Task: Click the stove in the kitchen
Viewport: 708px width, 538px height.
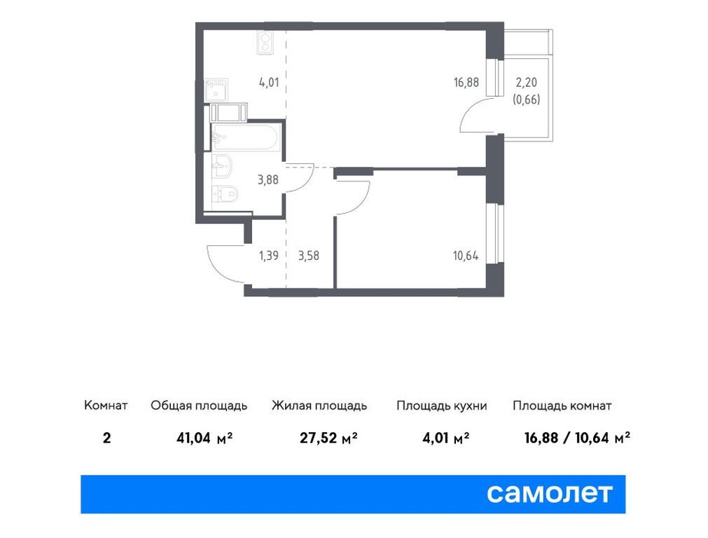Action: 265,43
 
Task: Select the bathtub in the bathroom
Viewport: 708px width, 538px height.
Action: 246,137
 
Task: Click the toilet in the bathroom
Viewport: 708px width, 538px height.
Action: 225,195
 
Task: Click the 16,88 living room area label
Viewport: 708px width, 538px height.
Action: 466,82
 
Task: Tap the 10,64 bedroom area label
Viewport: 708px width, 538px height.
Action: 466,256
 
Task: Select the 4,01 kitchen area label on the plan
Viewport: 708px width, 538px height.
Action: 269,82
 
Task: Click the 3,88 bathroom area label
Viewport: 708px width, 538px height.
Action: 268,180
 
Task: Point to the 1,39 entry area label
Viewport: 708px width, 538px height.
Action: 269,256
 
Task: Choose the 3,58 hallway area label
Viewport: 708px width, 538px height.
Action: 309,256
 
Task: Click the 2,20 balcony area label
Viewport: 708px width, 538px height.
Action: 527,82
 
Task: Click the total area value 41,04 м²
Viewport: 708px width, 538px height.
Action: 204,438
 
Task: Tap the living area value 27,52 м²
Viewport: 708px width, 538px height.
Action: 328,438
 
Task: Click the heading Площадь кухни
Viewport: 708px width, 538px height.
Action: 442,406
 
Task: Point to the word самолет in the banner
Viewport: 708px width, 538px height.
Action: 550,493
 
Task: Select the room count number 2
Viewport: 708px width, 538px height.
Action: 106,438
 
